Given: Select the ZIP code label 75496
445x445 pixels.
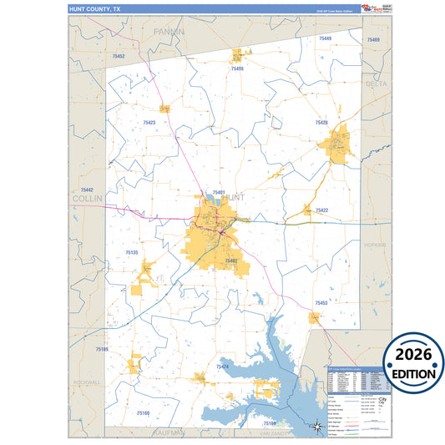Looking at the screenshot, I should [x=237, y=68].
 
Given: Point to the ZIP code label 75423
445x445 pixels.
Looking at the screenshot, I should [x=148, y=123].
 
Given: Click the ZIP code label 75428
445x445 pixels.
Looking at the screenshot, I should [x=321, y=123].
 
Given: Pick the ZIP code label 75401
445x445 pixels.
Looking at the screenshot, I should [x=219, y=193].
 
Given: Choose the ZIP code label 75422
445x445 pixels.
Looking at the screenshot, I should [x=321, y=210].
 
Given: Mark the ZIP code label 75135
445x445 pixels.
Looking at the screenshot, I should [x=132, y=251].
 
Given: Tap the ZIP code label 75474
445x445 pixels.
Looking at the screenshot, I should [x=222, y=367].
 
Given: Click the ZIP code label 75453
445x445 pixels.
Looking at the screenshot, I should [x=321, y=303].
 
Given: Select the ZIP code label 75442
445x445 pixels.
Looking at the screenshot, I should [x=87, y=190].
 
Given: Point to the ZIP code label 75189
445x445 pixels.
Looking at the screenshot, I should [x=102, y=349].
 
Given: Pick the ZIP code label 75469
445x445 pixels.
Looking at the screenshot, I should [x=323, y=39].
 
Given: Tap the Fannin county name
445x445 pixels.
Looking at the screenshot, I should [x=168, y=31].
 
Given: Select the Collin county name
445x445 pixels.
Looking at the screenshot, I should [x=87, y=200].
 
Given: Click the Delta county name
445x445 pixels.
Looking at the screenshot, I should [x=377, y=83].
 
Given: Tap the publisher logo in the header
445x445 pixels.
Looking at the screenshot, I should [x=377, y=8].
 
